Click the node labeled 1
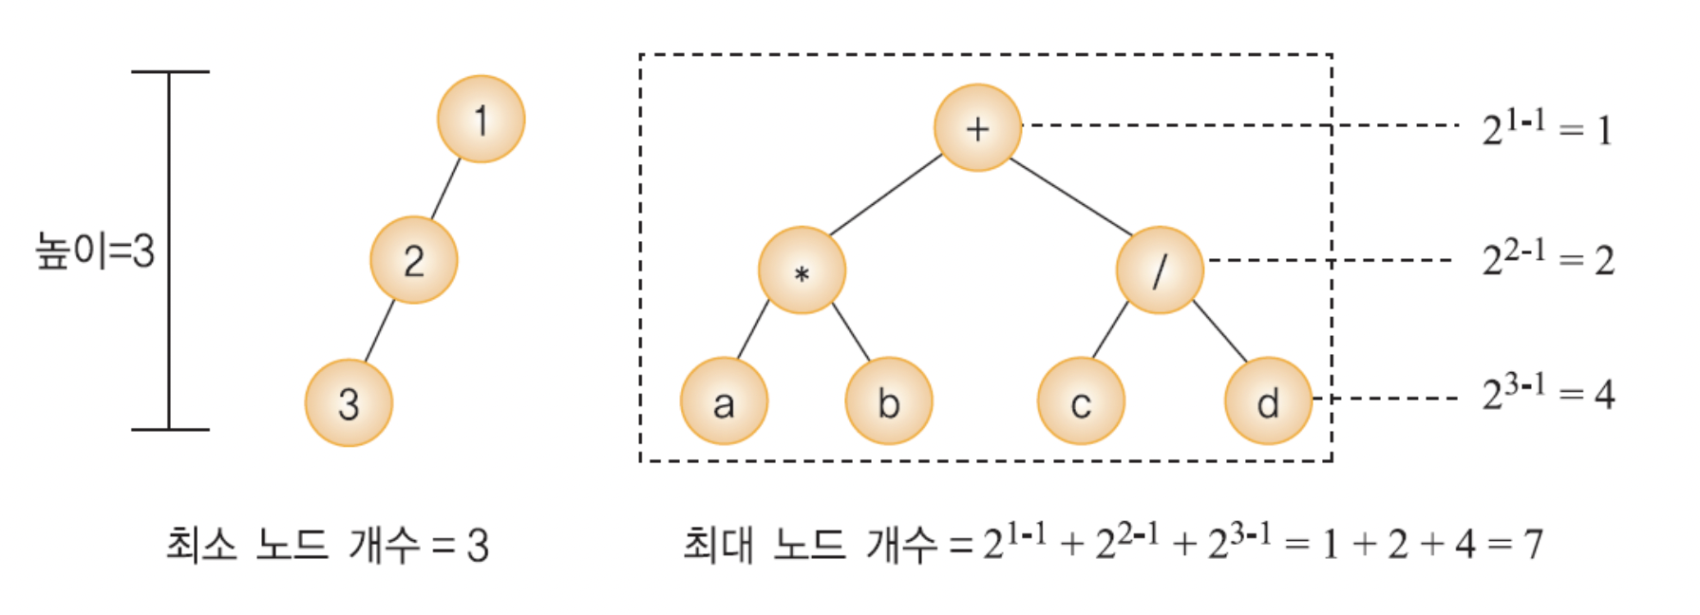(x=481, y=120)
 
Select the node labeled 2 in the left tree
(x=413, y=260)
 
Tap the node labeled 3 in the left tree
(x=349, y=403)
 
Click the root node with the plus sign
(x=977, y=128)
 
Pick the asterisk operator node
(x=802, y=271)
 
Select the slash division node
(x=1160, y=270)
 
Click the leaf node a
(x=724, y=402)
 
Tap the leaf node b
(x=888, y=402)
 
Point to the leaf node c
(x=1081, y=402)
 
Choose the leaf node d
(x=1268, y=402)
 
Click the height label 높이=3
(x=95, y=252)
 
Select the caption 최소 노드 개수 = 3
(x=327, y=546)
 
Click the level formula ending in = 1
(x=1547, y=128)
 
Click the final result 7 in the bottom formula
(x=1533, y=545)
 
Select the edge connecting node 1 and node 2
(x=445, y=189)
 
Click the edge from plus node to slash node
(x=1070, y=196)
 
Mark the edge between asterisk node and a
(x=753, y=329)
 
